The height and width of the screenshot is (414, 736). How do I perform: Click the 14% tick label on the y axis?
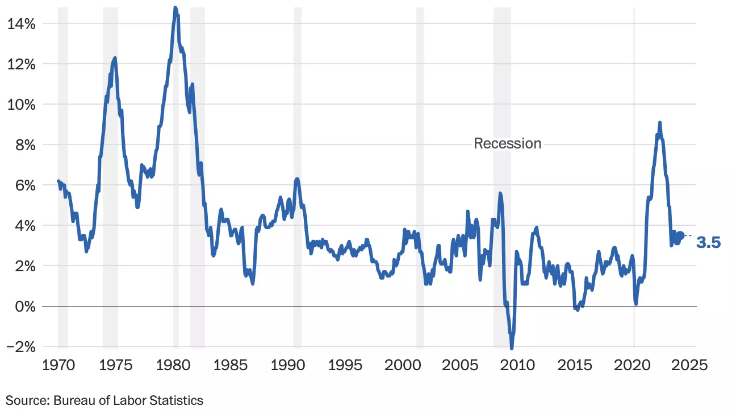[x=21, y=24]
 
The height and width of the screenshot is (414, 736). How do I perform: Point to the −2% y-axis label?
[x=21, y=347]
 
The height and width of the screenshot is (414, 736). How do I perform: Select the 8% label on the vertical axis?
[x=24, y=145]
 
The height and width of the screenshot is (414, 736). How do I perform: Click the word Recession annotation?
[x=508, y=143]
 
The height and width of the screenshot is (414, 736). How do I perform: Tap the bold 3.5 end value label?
[x=708, y=243]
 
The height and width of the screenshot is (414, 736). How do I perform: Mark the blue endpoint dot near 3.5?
[x=681, y=235]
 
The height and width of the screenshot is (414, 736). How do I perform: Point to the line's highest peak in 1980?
[x=175, y=7]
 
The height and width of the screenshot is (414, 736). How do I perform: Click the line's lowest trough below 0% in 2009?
[x=512, y=348]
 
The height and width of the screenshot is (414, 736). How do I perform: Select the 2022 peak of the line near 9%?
[x=659, y=123]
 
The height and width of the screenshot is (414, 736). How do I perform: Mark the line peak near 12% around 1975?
[x=115, y=58]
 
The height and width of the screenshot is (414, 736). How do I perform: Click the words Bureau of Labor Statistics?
[x=128, y=400]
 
